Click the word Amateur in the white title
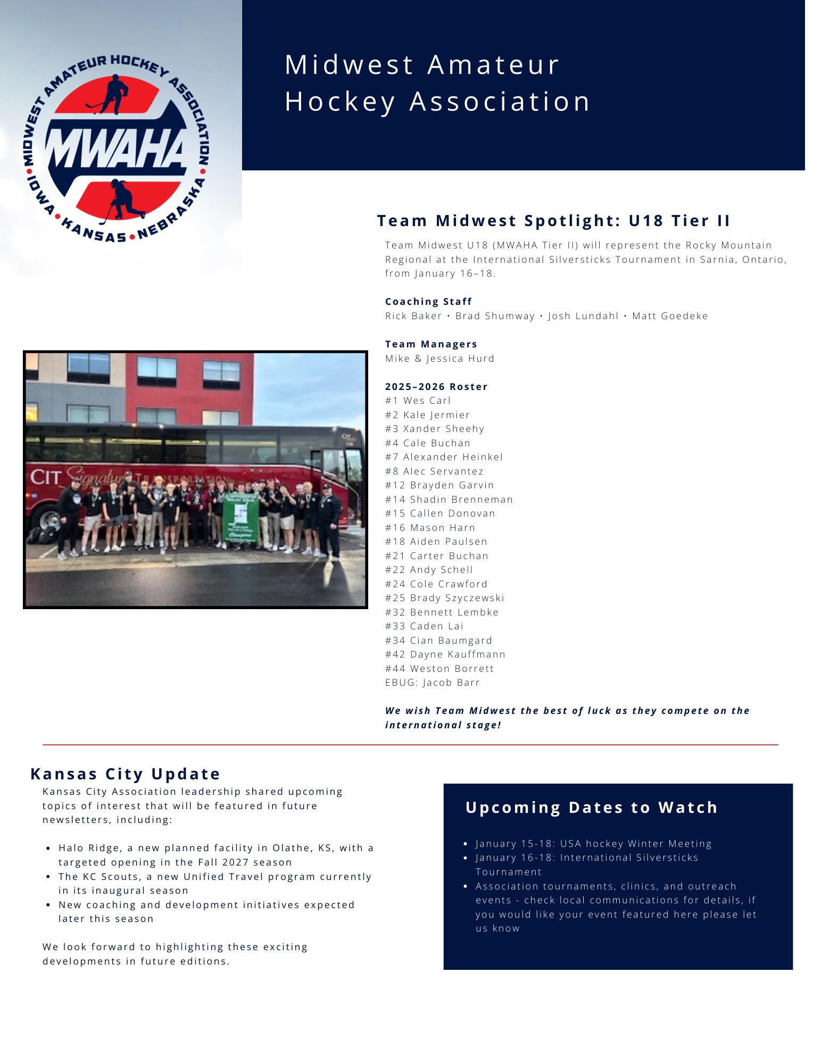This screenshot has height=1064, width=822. [x=493, y=65]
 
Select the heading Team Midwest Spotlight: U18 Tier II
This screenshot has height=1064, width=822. [x=553, y=221]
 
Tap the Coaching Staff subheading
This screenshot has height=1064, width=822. [x=428, y=302]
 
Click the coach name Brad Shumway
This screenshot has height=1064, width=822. [x=495, y=316]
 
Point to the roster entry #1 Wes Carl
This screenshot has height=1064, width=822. [x=418, y=401]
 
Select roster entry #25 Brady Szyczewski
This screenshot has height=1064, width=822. [x=444, y=598]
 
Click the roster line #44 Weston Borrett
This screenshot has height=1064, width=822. [x=439, y=669]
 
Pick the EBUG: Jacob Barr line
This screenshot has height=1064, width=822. [x=432, y=683]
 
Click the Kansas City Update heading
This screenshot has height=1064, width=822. [x=125, y=774]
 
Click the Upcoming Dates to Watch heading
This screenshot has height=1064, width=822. [x=591, y=808]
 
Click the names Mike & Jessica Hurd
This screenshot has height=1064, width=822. [x=439, y=359]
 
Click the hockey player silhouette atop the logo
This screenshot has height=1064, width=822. [x=113, y=94]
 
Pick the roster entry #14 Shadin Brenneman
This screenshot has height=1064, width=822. [x=449, y=500]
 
